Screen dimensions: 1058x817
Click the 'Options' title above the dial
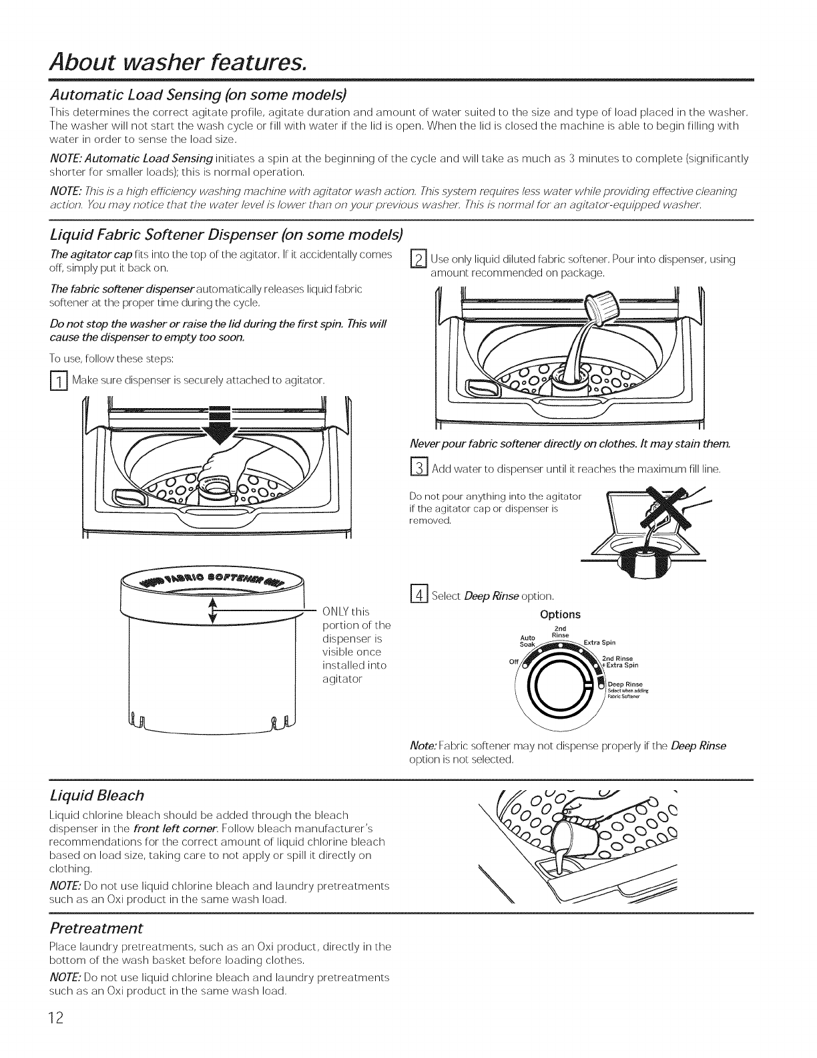pyautogui.click(x=560, y=614)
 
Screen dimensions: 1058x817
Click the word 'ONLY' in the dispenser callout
pyautogui.click(x=337, y=612)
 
